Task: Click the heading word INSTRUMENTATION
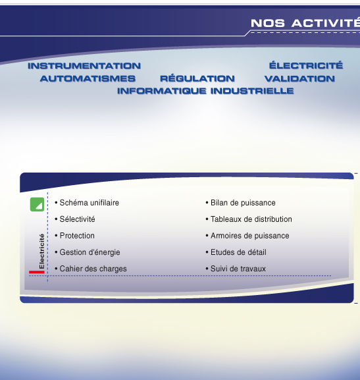[x=84, y=66]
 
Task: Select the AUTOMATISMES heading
[x=88, y=78]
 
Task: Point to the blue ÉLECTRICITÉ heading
[x=306, y=65]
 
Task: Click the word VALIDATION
[x=299, y=78]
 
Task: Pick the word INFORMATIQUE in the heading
[x=162, y=91]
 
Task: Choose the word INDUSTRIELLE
[x=252, y=91]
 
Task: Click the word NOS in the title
[x=268, y=23]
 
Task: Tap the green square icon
[x=37, y=204]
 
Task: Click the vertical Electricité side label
[x=41, y=251]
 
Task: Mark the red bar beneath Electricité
[x=37, y=272]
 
